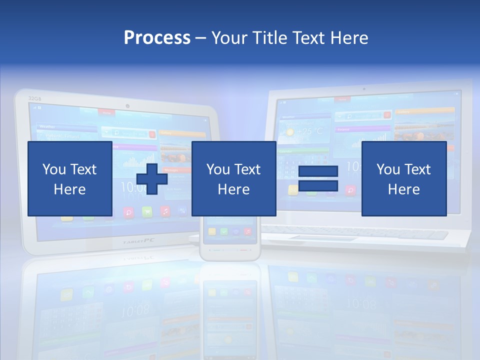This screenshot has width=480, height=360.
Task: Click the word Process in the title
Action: [157, 38]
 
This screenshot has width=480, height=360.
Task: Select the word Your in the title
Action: [229, 38]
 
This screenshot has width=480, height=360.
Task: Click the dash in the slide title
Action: [201, 38]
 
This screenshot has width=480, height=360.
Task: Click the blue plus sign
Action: [151, 178]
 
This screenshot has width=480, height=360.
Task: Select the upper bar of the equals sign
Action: [318, 171]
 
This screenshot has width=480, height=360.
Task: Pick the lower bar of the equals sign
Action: [318, 185]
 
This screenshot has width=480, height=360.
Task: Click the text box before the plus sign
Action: [69, 178]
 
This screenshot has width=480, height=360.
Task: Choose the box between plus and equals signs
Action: [233, 178]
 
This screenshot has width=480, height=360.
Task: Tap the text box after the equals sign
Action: [403, 178]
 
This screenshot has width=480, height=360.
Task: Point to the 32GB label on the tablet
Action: [34, 98]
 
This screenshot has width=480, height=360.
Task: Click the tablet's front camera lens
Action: [128, 106]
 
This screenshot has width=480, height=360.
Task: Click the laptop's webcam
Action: [364, 89]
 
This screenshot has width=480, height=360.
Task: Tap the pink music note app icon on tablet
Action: [165, 211]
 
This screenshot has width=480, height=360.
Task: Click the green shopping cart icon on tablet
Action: [147, 211]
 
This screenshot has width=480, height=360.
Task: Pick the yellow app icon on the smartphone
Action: [212, 231]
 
